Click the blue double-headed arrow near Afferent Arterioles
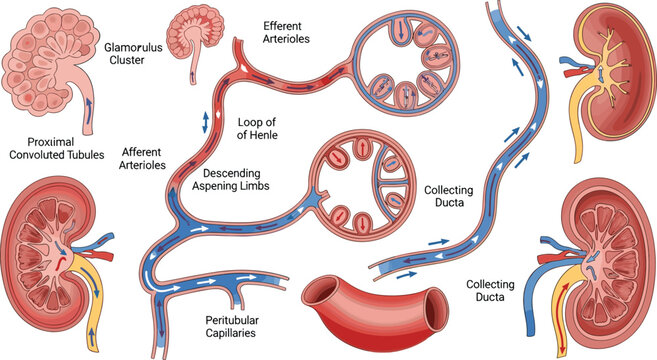pyautogui.click(x=206, y=121)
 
